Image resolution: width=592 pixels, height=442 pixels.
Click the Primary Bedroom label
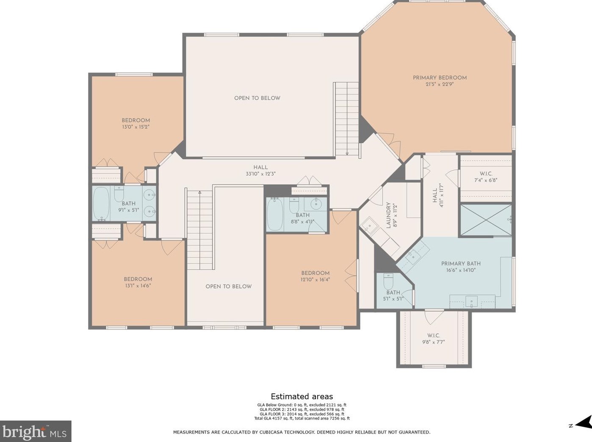(440, 77)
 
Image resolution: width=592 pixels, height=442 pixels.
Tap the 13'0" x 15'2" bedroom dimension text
(136, 127)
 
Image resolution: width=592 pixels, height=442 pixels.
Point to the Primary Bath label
(461, 263)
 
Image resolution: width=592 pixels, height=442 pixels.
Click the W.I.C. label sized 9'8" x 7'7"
(434, 336)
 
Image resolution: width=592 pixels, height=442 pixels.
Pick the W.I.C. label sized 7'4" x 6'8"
(486, 174)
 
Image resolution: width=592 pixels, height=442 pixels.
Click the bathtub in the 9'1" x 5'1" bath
(101, 203)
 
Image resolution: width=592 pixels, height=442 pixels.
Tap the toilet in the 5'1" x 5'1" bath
(388, 282)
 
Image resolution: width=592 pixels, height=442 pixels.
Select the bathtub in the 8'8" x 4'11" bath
(275, 214)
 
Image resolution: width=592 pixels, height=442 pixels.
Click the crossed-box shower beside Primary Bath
(486, 220)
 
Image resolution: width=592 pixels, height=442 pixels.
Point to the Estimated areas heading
(302, 396)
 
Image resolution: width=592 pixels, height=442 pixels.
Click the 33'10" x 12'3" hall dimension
(260, 174)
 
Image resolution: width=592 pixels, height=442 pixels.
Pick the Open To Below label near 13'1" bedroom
(228, 286)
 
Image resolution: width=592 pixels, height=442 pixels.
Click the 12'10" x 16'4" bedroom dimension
(315, 279)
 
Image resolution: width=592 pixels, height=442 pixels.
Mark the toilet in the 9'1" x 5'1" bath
(119, 193)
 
